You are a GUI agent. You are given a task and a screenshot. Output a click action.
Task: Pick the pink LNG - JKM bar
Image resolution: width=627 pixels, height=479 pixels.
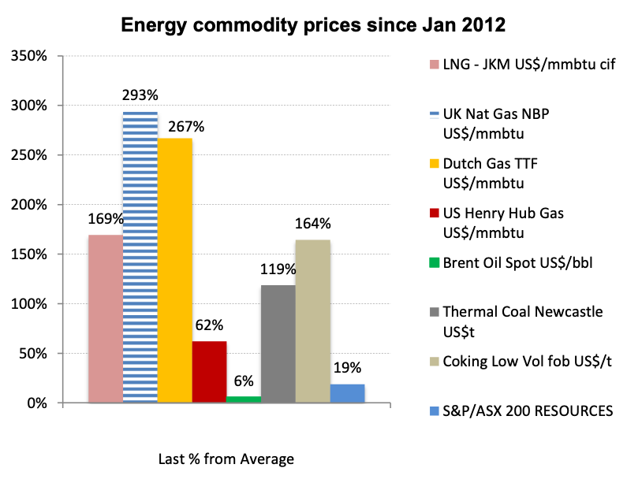click(106, 319)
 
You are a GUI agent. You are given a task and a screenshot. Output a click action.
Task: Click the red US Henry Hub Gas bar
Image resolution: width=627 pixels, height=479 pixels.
click(209, 372)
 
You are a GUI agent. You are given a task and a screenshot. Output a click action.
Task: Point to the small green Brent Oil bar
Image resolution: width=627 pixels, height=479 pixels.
click(244, 399)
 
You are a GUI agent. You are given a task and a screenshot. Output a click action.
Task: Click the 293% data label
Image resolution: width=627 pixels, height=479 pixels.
click(140, 95)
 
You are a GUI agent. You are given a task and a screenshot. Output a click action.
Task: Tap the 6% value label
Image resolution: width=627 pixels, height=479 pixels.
click(244, 381)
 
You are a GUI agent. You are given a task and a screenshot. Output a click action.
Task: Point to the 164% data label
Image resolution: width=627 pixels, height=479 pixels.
click(312, 224)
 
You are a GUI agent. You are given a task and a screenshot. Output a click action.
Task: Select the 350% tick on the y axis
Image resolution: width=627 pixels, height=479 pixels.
click(31, 57)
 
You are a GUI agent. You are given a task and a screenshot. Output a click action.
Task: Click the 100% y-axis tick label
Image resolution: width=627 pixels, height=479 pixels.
click(31, 304)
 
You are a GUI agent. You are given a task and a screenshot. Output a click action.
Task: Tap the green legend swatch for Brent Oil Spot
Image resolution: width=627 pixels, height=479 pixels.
click(434, 262)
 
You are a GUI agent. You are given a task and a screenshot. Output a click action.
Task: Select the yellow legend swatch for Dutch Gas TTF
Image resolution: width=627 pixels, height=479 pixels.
click(434, 165)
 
